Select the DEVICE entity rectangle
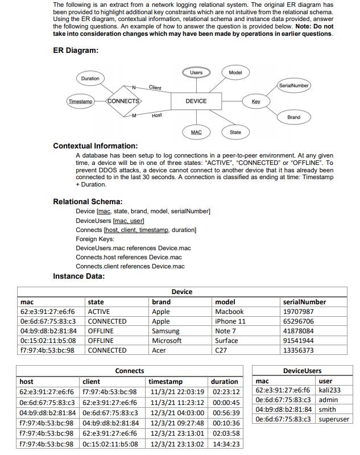196,101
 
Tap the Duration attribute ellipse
90,78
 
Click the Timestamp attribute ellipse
80,101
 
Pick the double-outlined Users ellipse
196,73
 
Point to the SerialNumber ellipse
293,85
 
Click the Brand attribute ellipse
293,117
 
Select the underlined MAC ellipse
196,132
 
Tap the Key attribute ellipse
256,101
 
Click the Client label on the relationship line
155,88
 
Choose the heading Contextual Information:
95,146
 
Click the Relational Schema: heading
88,201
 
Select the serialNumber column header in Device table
304,302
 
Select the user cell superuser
334,419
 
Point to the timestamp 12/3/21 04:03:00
177,413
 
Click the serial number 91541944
299,341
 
